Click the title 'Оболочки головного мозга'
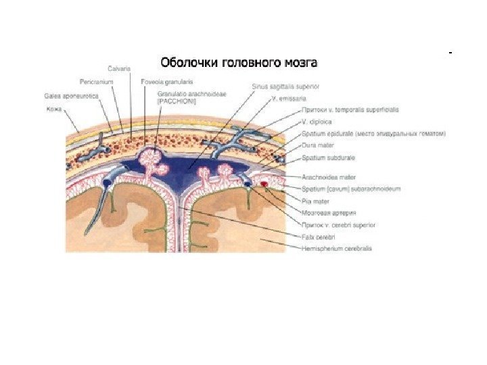coord(238,64)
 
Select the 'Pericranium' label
coord(95,80)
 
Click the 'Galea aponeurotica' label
coord(70,96)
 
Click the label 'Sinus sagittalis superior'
coord(281,87)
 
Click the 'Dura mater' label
coord(317,145)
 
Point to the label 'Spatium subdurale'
coord(328,157)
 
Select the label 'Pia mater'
coord(316,201)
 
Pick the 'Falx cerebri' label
coord(319,237)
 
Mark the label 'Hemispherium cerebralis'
coord(336,249)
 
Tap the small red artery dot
coord(264,182)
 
